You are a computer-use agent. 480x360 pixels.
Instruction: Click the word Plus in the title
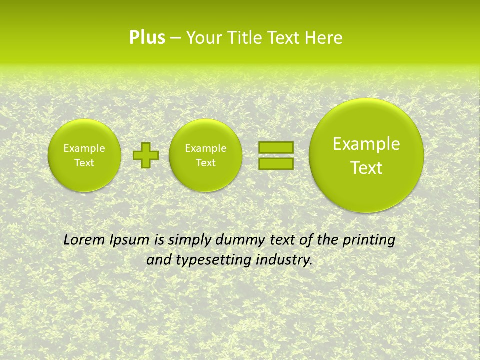[147, 38]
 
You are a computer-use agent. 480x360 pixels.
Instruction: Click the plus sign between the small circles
[146, 155]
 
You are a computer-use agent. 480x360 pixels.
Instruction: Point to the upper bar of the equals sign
[276, 147]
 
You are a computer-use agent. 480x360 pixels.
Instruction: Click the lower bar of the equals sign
[276, 163]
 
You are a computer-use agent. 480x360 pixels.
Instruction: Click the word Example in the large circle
[366, 144]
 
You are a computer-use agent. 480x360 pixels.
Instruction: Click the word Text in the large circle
[366, 168]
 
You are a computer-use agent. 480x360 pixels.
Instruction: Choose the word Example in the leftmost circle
[84, 148]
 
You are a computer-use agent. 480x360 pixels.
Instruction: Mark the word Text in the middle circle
[206, 163]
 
